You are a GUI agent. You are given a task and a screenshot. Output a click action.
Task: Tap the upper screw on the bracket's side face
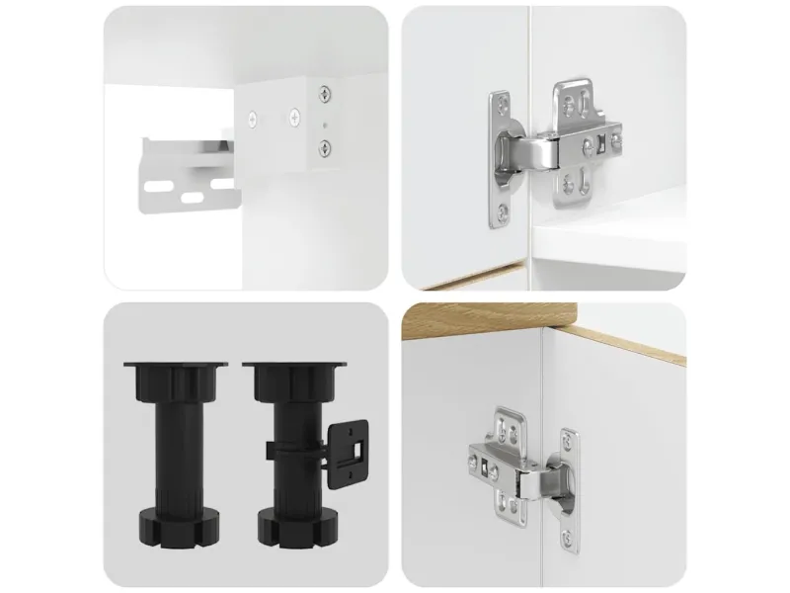click(323, 96)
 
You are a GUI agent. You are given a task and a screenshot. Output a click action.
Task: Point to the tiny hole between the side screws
click(324, 124)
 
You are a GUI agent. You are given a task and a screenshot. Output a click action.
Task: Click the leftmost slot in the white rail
click(156, 183)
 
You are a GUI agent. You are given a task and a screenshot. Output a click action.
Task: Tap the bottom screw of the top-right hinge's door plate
click(506, 210)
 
